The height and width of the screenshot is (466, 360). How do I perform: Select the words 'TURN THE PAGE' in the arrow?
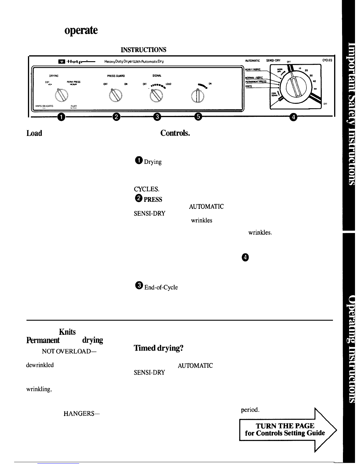[x=285, y=426]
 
